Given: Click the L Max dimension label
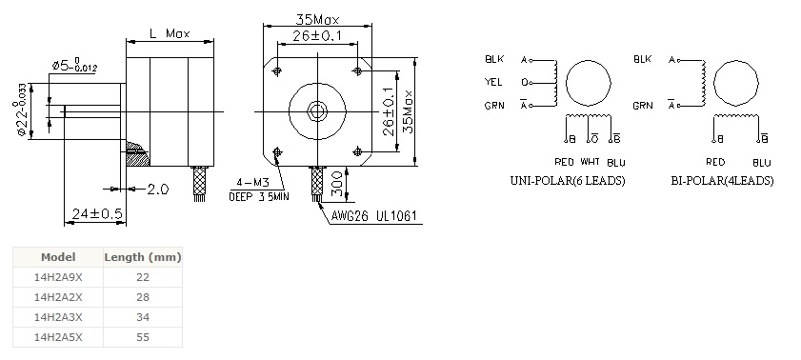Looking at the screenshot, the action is point(170,33).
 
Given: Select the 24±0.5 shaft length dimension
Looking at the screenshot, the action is point(97,214).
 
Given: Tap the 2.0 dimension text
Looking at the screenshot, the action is point(158,190).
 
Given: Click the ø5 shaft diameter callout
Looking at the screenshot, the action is point(74,66).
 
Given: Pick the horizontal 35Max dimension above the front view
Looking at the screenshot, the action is point(317,19).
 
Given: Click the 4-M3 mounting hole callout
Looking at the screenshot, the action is point(252,183).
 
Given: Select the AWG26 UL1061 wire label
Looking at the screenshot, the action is point(374,215).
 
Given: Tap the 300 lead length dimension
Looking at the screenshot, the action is point(337,184).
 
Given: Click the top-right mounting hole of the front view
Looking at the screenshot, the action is point(357,71).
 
